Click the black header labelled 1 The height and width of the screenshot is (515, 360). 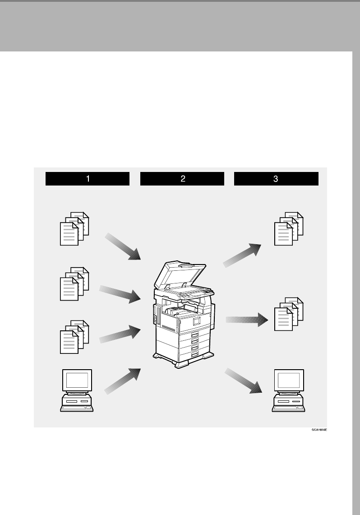(88, 179)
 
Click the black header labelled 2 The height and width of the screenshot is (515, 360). (182, 179)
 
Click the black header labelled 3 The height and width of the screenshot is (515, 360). (276, 179)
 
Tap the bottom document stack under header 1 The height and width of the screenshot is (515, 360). (74, 336)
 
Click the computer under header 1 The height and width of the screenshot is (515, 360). (77, 390)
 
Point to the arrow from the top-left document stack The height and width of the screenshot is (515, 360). (123, 247)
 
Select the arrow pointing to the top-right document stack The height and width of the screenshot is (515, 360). (243, 255)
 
